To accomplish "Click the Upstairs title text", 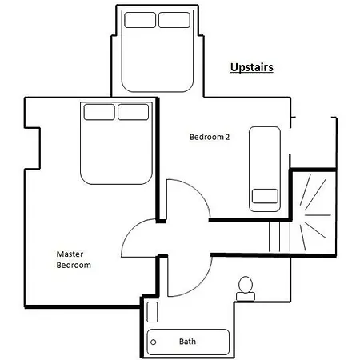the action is [x=252, y=67].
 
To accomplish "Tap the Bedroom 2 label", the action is [x=210, y=137].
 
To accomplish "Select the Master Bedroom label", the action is [x=74, y=259].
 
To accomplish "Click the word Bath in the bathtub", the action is [x=187, y=342].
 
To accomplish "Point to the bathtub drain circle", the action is [x=154, y=342].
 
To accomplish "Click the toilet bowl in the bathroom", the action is [x=246, y=285].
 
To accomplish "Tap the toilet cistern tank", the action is [x=246, y=297].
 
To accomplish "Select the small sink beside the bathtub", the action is [x=152, y=312].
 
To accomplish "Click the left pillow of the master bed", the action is [x=99, y=112].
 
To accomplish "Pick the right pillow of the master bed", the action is [x=134, y=112].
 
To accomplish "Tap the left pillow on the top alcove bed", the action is [x=140, y=20].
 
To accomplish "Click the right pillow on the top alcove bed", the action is [x=174, y=20].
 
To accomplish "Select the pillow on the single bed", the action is [x=265, y=196].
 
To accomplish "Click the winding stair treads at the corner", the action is [x=314, y=214].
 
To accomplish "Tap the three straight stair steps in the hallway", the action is [x=279, y=236].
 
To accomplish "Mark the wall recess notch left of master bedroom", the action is [x=32, y=148].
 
